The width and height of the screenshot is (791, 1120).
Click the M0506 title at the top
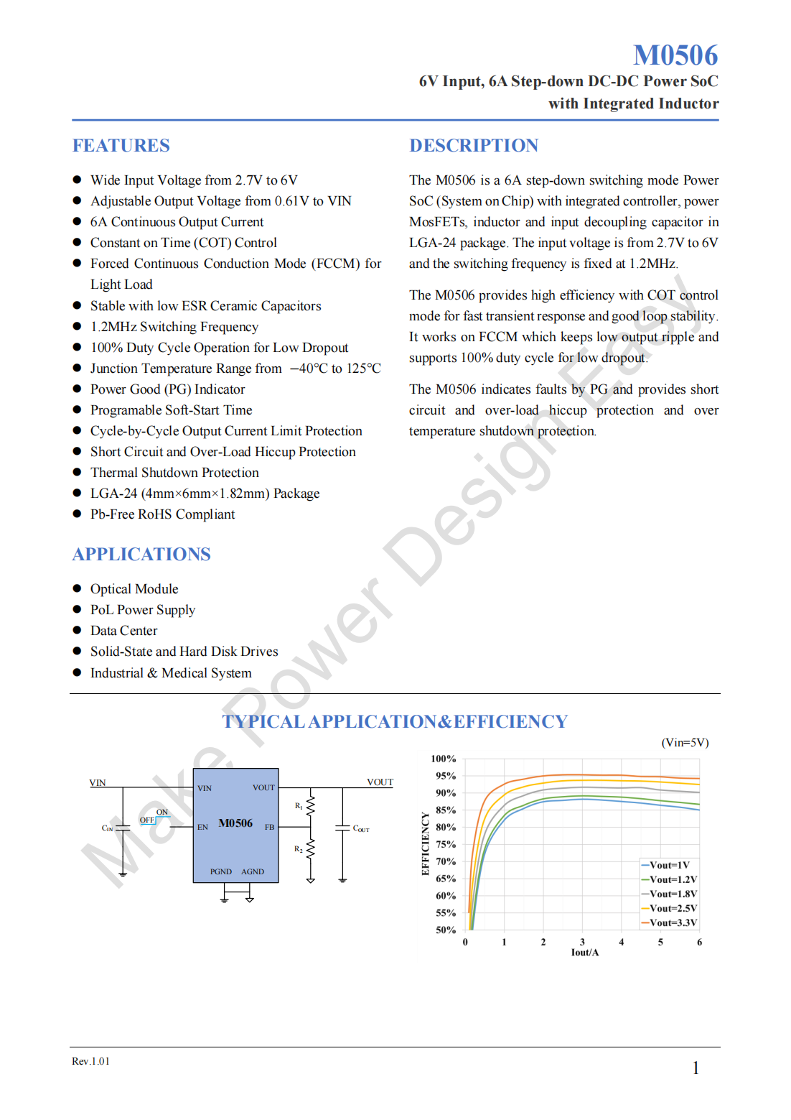click(675, 55)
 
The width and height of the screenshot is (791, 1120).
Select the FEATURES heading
click(121, 146)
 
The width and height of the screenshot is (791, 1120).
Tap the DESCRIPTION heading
click(473, 146)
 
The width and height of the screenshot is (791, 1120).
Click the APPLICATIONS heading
click(141, 555)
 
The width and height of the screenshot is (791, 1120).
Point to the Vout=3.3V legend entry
click(673, 923)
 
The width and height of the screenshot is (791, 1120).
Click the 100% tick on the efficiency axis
click(443, 759)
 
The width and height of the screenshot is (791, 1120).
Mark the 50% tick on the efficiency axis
click(445, 930)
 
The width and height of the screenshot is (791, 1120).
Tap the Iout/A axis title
click(584, 953)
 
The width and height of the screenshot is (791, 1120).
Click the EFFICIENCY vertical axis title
click(425, 844)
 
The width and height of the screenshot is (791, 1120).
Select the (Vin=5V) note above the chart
click(684, 743)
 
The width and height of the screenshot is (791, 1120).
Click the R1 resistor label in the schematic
click(299, 806)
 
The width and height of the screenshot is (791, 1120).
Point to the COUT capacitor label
click(361, 828)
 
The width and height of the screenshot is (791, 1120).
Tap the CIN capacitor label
click(108, 828)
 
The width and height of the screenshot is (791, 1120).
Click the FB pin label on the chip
click(269, 827)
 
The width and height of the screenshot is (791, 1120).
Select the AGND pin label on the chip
click(253, 871)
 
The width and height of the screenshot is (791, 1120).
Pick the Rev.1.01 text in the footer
click(90, 1062)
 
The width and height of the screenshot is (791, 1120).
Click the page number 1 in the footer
click(696, 1068)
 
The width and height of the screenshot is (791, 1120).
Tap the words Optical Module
click(134, 589)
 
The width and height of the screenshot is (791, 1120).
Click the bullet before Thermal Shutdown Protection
click(77, 472)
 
